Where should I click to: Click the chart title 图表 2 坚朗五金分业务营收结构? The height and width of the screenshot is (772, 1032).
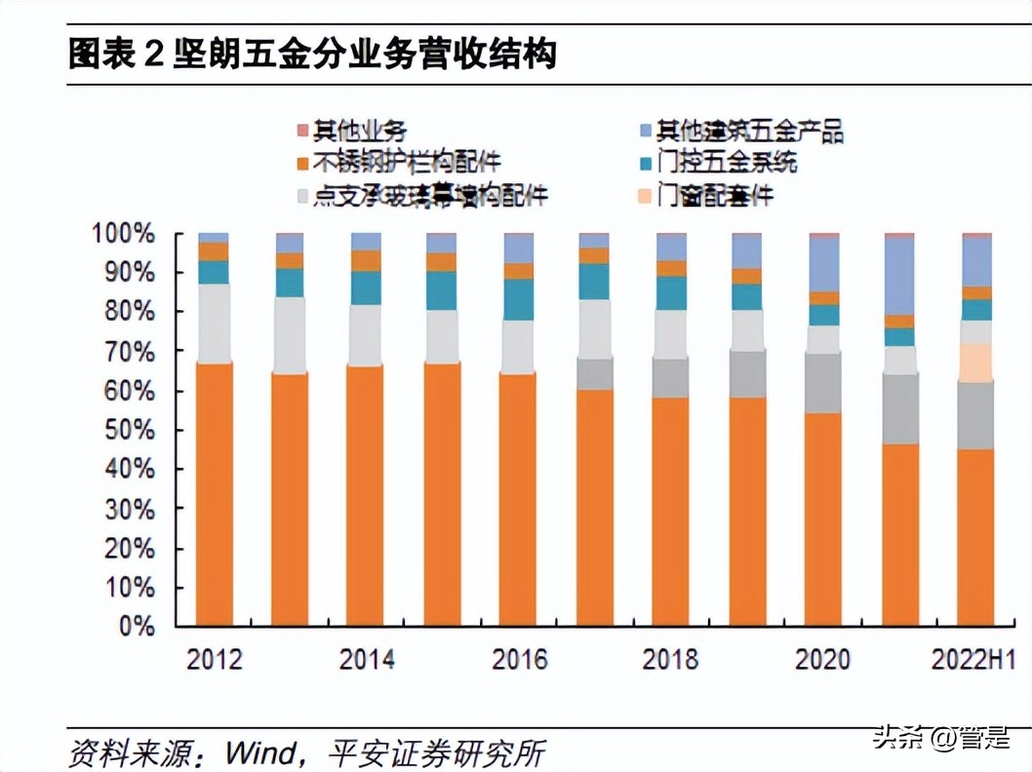312,54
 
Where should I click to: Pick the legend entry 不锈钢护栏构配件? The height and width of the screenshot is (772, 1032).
410,162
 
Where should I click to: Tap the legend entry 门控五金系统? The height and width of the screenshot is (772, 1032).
726,162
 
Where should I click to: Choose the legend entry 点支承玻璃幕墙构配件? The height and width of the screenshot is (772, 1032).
430,195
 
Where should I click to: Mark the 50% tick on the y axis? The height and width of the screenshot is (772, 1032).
128,430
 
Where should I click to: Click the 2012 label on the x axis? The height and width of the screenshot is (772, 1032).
215,660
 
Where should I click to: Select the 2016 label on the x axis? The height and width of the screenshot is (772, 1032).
519,660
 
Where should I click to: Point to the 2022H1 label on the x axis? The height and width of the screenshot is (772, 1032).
972,660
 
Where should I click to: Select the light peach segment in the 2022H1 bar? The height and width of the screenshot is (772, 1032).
975,362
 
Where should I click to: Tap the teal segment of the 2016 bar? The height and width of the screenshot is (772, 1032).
519,300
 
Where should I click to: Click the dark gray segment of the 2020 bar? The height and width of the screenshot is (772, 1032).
823,383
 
